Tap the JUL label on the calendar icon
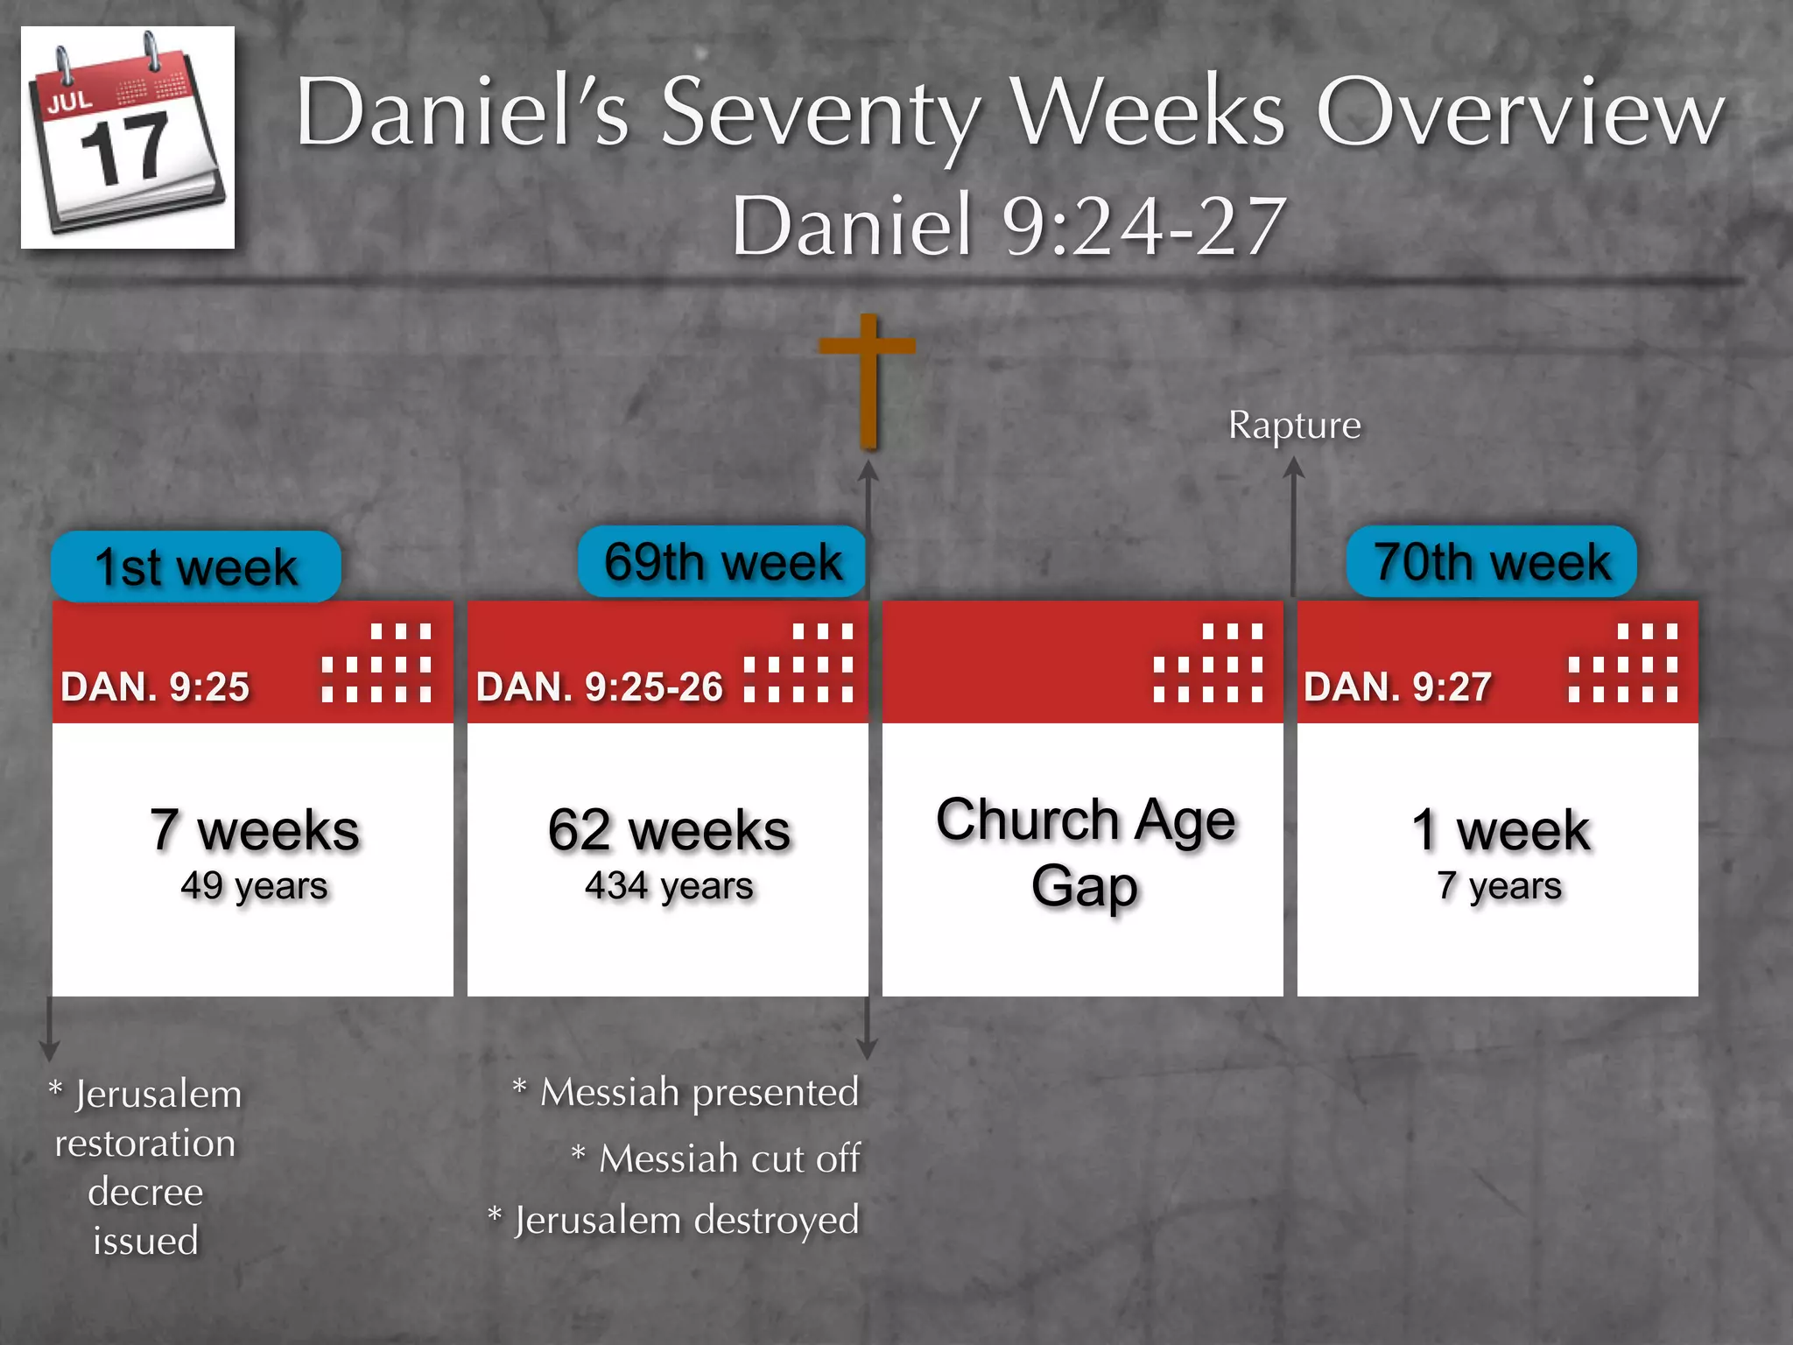[x=69, y=101]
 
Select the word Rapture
[x=1294, y=426]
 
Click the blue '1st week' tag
[x=196, y=567]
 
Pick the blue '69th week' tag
[x=722, y=561]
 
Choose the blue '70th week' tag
[x=1491, y=561]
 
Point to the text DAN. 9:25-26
[x=600, y=687]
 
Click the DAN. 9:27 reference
[x=1397, y=687]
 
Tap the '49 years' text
[x=254, y=886]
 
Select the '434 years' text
[x=669, y=886]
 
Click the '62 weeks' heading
[x=669, y=829]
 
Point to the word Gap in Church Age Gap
[x=1084, y=886]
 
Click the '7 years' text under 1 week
[x=1499, y=886]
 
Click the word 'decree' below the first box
[x=145, y=1192]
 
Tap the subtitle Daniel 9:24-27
[x=1009, y=225]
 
